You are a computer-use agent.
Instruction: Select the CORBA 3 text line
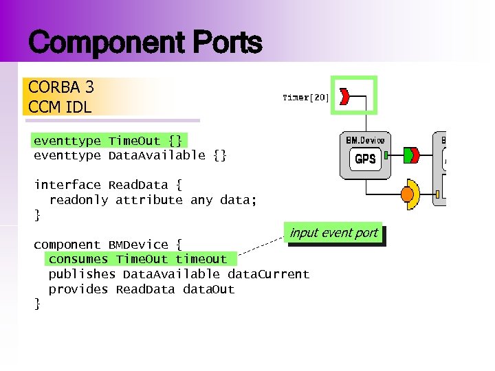(61, 87)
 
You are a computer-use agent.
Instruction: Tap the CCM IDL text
(60, 107)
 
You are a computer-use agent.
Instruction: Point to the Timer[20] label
(305, 98)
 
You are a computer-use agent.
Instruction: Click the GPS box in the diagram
(364, 159)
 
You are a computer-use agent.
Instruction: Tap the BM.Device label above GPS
(364, 140)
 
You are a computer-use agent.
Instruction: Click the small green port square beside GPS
(386, 156)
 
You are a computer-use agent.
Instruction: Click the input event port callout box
(333, 233)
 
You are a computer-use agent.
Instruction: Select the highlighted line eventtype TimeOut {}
(108, 141)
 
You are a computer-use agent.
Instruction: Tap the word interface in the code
(67, 185)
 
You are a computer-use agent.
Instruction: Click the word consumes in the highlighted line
(78, 259)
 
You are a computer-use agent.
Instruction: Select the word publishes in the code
(82, 274)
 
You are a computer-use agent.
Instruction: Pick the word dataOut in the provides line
(208, 289)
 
